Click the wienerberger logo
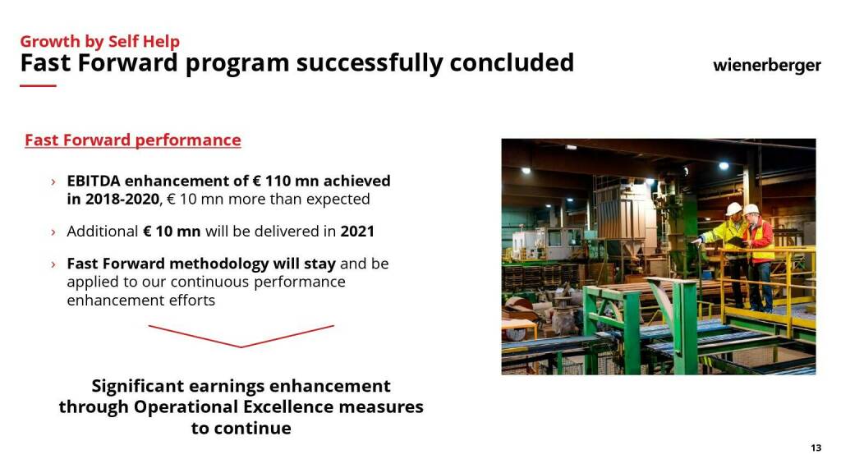(x=766, y=66)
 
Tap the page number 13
(x=816, y=448)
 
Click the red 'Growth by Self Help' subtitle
(x=99, y=41)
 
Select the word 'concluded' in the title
(x=512, y=62)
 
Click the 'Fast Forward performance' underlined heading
(x=133, y=140)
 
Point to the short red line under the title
(x=38, y=85)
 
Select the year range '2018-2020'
(x=122, y=199)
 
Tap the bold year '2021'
(x=357, y=231)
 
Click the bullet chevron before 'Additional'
(x=53, y=232)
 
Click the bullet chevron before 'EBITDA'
(x=53, y=182)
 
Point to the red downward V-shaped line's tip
(x=241, y=347)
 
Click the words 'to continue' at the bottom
(x=241, y=428)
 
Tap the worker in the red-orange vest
(x=761, y=256)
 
